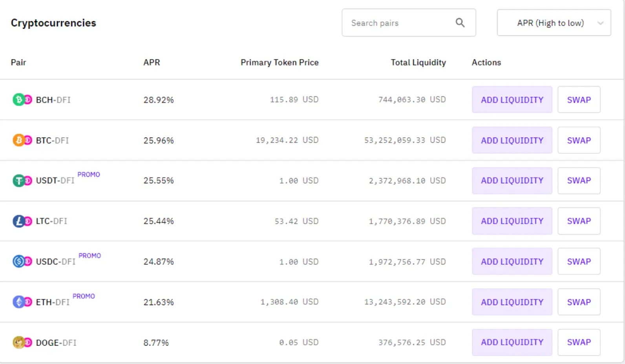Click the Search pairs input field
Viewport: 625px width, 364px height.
pyautogui.click(x=397, y=23)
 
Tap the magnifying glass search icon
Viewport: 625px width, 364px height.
pyautogui.click(x=460, y=23)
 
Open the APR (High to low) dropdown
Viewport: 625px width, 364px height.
pyautogui.click(x=554, y=23)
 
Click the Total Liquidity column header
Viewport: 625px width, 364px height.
pyautogui.click(x=418, y=63)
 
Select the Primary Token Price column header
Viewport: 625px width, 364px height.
pyautogui.click(x=279, y=63)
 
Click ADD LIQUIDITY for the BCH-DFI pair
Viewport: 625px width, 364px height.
pyautogui.click(x=512, y=100)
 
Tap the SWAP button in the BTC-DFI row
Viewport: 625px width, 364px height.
pyautogui.click(x=579, y=140)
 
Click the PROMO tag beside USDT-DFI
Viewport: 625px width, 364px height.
pyautogui.click(x=89, y=175)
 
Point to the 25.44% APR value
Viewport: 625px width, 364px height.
pyautogui.click(x=159, y=221)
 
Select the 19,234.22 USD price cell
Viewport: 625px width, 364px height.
pyautogui.click(x=287, y=140)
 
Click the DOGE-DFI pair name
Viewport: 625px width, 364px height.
pyautogui.click(x=56, y=343)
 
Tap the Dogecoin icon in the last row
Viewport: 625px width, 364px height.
pyautogui.click(x=18, y=342)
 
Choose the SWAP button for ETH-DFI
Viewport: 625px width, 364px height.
pyautogui.click(x=579, y=302)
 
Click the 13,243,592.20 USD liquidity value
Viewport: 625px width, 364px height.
pyautogui.click(x=405, y=302)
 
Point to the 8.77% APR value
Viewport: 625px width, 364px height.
pyautogui.click(x=156, y=343)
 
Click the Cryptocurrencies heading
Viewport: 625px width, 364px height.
pyautogui.click(x=53, y=23)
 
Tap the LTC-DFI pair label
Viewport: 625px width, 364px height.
pyautogui.click(x=51, y=221)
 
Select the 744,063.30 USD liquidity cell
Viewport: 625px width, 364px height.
pyautogui.click(x=412, y=100)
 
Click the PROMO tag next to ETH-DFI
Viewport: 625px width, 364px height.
pyautogui.click(x=84, y=296)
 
